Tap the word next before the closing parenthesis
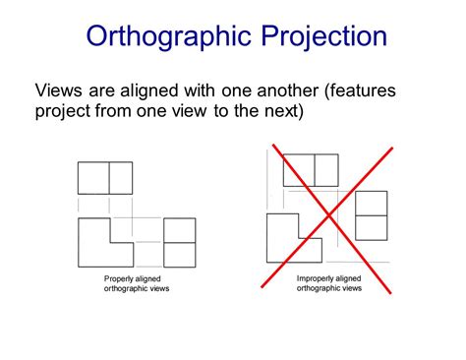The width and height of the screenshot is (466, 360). click(283, 111)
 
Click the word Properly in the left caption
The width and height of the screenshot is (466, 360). click(124, 279)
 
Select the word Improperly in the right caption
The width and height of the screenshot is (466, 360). click(320, 279)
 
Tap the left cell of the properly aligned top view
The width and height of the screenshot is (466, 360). click(93, 178)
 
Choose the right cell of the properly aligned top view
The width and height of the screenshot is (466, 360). click(120, 178)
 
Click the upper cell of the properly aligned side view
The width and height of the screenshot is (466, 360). click(180, 230)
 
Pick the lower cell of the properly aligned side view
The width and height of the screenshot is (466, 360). click(180, 254)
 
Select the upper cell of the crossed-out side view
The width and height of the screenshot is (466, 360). click(371, 203)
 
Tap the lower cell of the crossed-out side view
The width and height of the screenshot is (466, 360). click(371, 227)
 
